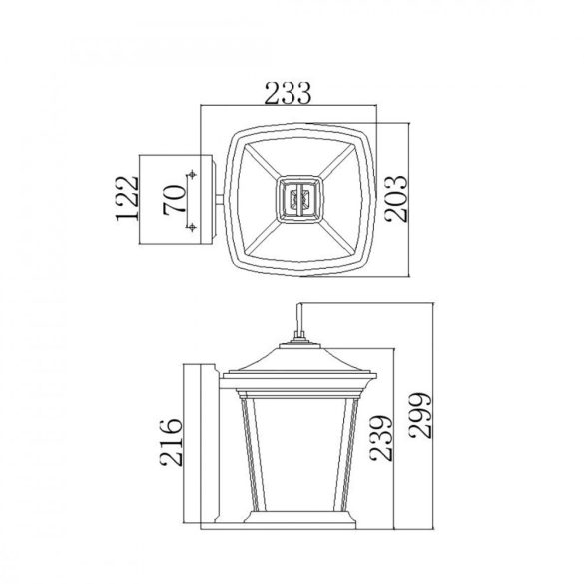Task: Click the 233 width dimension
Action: (x=288, y=93)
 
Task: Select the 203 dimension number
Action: (x=396, y=199)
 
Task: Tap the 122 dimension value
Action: (x=127, y=198)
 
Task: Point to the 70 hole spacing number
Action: (x=174, y=200)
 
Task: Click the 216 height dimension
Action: (x=171, y=443)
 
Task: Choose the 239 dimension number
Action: (x=381, y=438)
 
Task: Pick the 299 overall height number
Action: (x=420, y=415)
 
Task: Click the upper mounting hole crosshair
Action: (x=192, y=174)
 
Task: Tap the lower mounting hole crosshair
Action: (x=192, y=226)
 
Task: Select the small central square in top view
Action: (x=299, y=199)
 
